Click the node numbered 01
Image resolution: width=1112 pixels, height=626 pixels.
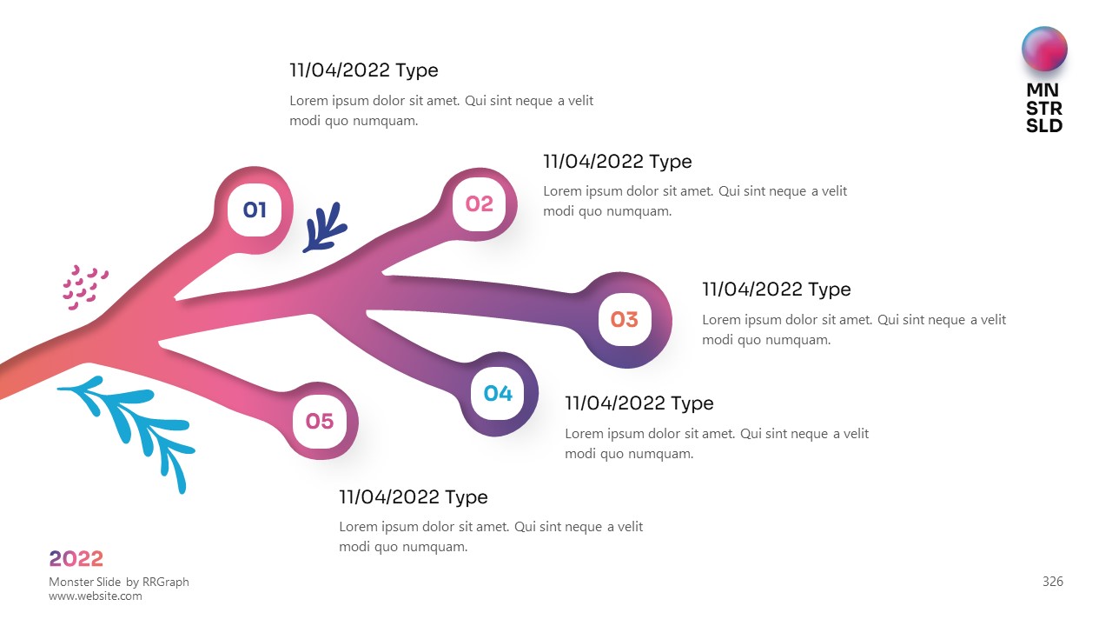[255, 210]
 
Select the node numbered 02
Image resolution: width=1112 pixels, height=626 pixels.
[480, 204]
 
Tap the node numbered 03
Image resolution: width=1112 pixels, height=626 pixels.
[625, 320]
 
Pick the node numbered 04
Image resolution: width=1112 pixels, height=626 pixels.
[498, 394]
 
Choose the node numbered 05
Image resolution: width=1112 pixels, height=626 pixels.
[320, 422]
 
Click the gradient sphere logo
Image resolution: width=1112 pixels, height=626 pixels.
[1044, 50]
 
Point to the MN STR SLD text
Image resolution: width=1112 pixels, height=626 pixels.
[1044, 108]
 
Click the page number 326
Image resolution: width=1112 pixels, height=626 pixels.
[1052, 582]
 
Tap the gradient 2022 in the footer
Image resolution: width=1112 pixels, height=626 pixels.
[76, 559]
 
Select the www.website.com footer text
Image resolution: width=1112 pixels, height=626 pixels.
[96, 596]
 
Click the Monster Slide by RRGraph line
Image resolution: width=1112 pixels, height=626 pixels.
[119, 582]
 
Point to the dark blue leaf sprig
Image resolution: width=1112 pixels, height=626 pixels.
[325, 229]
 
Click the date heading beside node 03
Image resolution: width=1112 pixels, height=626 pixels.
[776, 290]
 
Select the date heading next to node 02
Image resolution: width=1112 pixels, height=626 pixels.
[617, 162]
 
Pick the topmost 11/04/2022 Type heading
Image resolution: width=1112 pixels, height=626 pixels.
[363, 70]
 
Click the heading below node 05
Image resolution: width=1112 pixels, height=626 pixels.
[413, 497]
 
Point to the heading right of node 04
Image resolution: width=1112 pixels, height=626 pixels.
[639, 403]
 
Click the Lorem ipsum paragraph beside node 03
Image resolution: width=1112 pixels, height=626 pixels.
[854, 330]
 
